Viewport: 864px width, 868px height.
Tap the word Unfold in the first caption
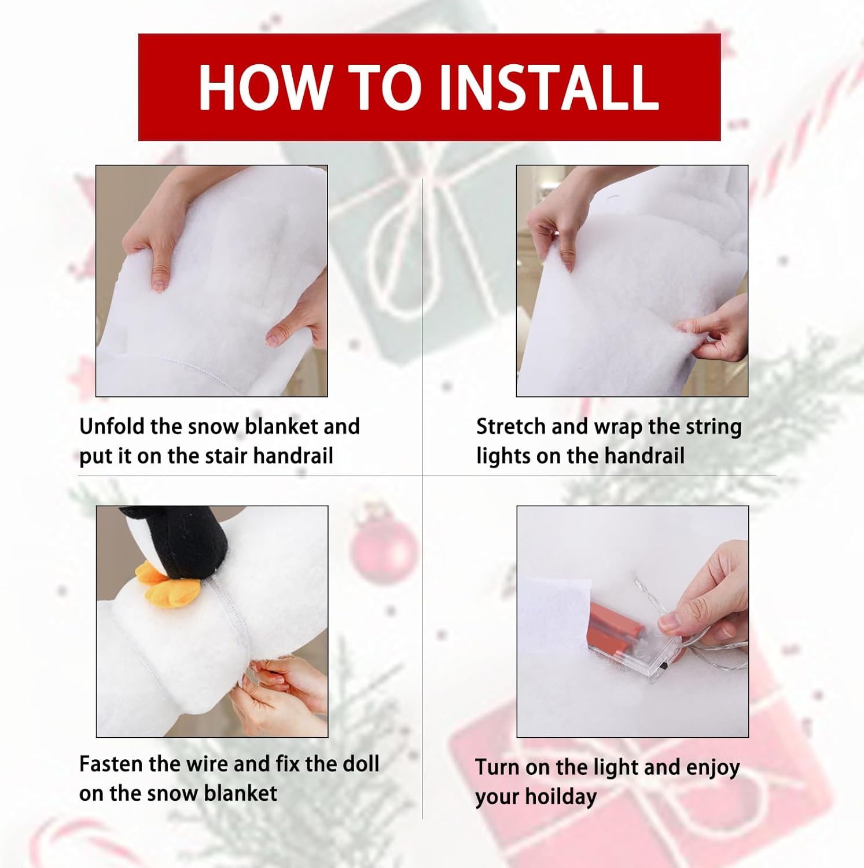coord(112,426)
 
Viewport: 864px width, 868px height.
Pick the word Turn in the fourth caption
coord(498,767)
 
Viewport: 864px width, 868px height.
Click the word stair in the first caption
coord(227,456)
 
